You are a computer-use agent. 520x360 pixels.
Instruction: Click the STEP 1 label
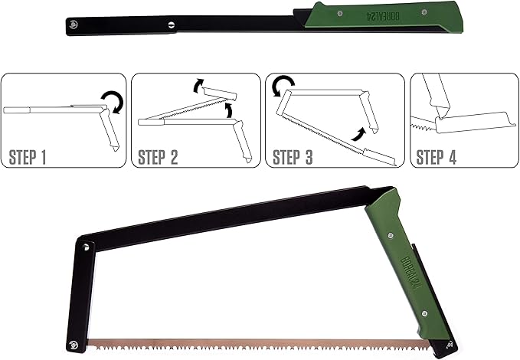coord(28,159)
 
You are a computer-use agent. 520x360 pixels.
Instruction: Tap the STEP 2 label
coord(159,159)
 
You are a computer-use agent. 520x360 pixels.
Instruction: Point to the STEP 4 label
coord(437,159)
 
